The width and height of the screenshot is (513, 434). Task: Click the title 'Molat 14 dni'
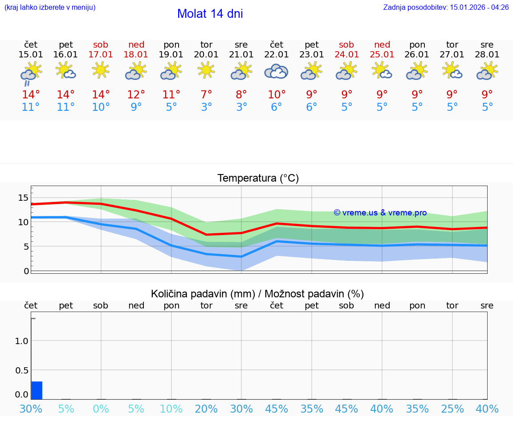210,14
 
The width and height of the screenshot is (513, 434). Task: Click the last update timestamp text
446,8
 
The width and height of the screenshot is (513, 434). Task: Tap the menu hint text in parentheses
50,8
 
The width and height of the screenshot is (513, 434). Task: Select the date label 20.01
206,55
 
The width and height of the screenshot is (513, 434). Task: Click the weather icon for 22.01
276,71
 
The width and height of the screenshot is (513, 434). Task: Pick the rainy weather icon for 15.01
30,73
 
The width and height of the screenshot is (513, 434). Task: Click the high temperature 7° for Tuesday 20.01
206,95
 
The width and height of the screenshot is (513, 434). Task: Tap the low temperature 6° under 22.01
276,107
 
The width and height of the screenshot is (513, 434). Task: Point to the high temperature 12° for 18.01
136,95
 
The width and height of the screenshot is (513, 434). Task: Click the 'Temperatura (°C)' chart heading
258,178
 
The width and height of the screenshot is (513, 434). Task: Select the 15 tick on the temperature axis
23,198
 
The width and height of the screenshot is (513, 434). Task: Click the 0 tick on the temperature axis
26,271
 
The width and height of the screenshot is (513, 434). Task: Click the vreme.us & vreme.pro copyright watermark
380,213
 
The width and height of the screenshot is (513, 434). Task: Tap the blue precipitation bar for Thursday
37,390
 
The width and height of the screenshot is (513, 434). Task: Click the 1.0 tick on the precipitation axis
21,341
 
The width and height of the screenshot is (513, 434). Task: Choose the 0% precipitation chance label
101,409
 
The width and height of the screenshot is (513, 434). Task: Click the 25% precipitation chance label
452,409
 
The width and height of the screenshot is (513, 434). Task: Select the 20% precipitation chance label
206,409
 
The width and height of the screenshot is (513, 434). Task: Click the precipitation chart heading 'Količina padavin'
257,294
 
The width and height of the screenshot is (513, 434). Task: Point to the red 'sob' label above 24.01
346,45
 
